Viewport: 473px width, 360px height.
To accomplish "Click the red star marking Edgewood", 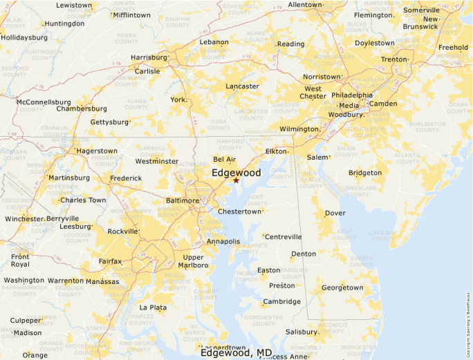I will (x=236, y=180).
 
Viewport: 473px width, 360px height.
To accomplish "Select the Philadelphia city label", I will (x=351, y=95).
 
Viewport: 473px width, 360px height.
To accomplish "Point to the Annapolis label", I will (x=223, y=242).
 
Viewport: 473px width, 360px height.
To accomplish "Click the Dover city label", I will (x=335, y=213).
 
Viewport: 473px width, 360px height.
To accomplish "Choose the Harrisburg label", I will (x=149, y=57).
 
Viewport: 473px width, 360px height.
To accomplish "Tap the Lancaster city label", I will (x=242, y=86).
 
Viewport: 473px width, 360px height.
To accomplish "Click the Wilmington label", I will (x=299, y=129).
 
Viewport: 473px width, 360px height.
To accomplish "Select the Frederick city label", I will (x=126, y=178).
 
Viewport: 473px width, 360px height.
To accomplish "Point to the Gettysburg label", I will (x=109, y=122).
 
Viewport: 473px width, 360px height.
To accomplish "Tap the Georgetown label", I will (x=342, y=287).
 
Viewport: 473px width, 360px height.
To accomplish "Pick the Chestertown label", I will (x=240, y=211).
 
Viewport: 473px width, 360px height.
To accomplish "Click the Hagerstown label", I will (x=97, y=151).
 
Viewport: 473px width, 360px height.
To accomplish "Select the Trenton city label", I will (x=394, y=59).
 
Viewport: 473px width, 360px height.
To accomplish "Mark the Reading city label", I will (x=290, y=44).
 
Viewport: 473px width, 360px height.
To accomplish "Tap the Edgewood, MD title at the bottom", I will (x=236, y=352).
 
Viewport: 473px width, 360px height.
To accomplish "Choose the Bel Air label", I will (x=224, y=159).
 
